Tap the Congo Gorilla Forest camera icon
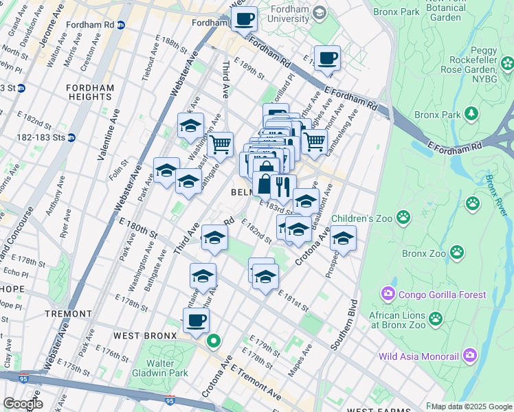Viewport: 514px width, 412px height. click(x=389, y=295)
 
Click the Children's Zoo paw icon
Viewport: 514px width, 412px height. click(x=403, y=218)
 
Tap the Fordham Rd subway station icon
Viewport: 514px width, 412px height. click(x=121, y=24)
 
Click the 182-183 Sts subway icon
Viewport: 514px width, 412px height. click(x=71, y=137)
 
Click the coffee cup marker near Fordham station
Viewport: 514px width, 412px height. click(x=243, y=19)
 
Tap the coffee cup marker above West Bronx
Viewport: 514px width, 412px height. click(x=196, y=319)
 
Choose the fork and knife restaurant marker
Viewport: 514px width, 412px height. click(x=283, y=186)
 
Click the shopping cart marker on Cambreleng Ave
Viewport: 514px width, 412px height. click(x=314, y=141)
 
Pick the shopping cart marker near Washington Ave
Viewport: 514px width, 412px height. click(x=220, y=144)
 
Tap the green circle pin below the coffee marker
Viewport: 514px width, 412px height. click(x=214, y=340)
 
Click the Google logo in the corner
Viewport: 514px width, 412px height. click(x=23, y=404)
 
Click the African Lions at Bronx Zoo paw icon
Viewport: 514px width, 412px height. click(x=436, y=318)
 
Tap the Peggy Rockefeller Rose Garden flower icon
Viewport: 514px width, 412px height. click(x=507, y=65)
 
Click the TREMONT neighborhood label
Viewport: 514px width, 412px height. click(x=68, y=313)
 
